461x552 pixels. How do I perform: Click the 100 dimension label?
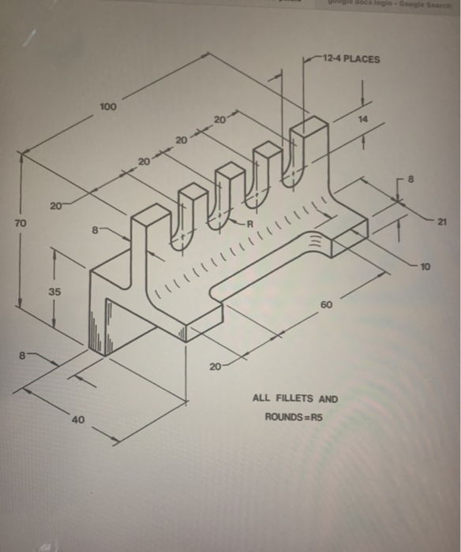(x=108, y=106)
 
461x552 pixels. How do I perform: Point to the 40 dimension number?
(x=77, y=420)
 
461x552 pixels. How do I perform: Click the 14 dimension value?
(x=362, y=119)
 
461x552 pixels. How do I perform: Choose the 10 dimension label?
(x=426, y=267)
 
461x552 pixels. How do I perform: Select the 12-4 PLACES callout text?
(x=352, y=59)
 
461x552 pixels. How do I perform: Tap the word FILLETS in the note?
(x=298, y=399)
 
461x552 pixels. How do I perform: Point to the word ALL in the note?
(x=261, y=399)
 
